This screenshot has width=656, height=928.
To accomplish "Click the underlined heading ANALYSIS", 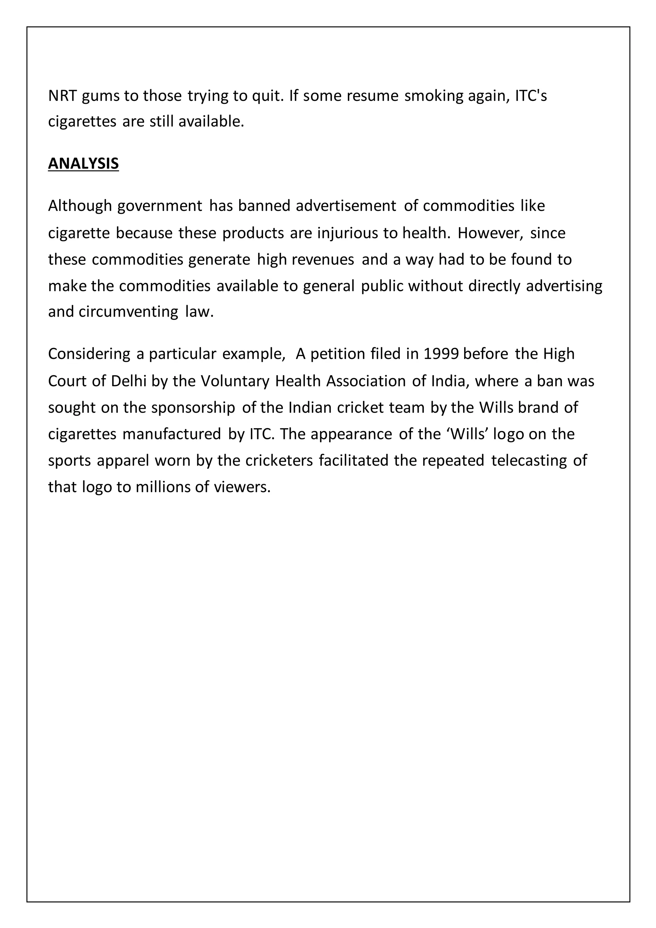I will tap(83, 163).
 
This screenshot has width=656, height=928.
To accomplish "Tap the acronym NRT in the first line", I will tap(62, 96).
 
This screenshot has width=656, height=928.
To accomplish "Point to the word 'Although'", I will tap(79, 206).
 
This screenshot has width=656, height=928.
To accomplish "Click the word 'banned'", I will tap(264, 206).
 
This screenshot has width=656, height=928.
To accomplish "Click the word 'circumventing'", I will tap(128, 312).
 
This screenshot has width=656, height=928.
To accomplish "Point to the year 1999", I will tap(441, 354).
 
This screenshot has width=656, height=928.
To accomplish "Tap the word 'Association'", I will tap(366, 381).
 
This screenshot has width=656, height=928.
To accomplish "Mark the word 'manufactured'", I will tap(172, 434).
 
